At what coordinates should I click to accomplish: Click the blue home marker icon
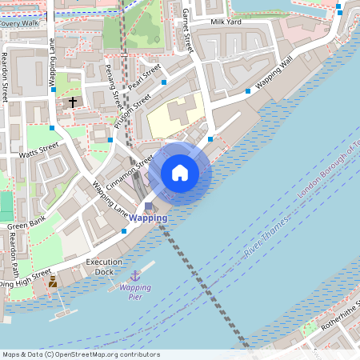pos(180,172)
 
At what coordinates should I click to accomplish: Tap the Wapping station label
pos(149,218)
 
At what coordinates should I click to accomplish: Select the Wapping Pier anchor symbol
pos(135,275)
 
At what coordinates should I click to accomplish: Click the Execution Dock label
pos(105,266)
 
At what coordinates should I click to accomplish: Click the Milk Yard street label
pos(227,23)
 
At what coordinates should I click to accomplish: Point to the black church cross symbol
pos(73,102)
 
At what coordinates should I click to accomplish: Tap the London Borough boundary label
pos(328,171)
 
